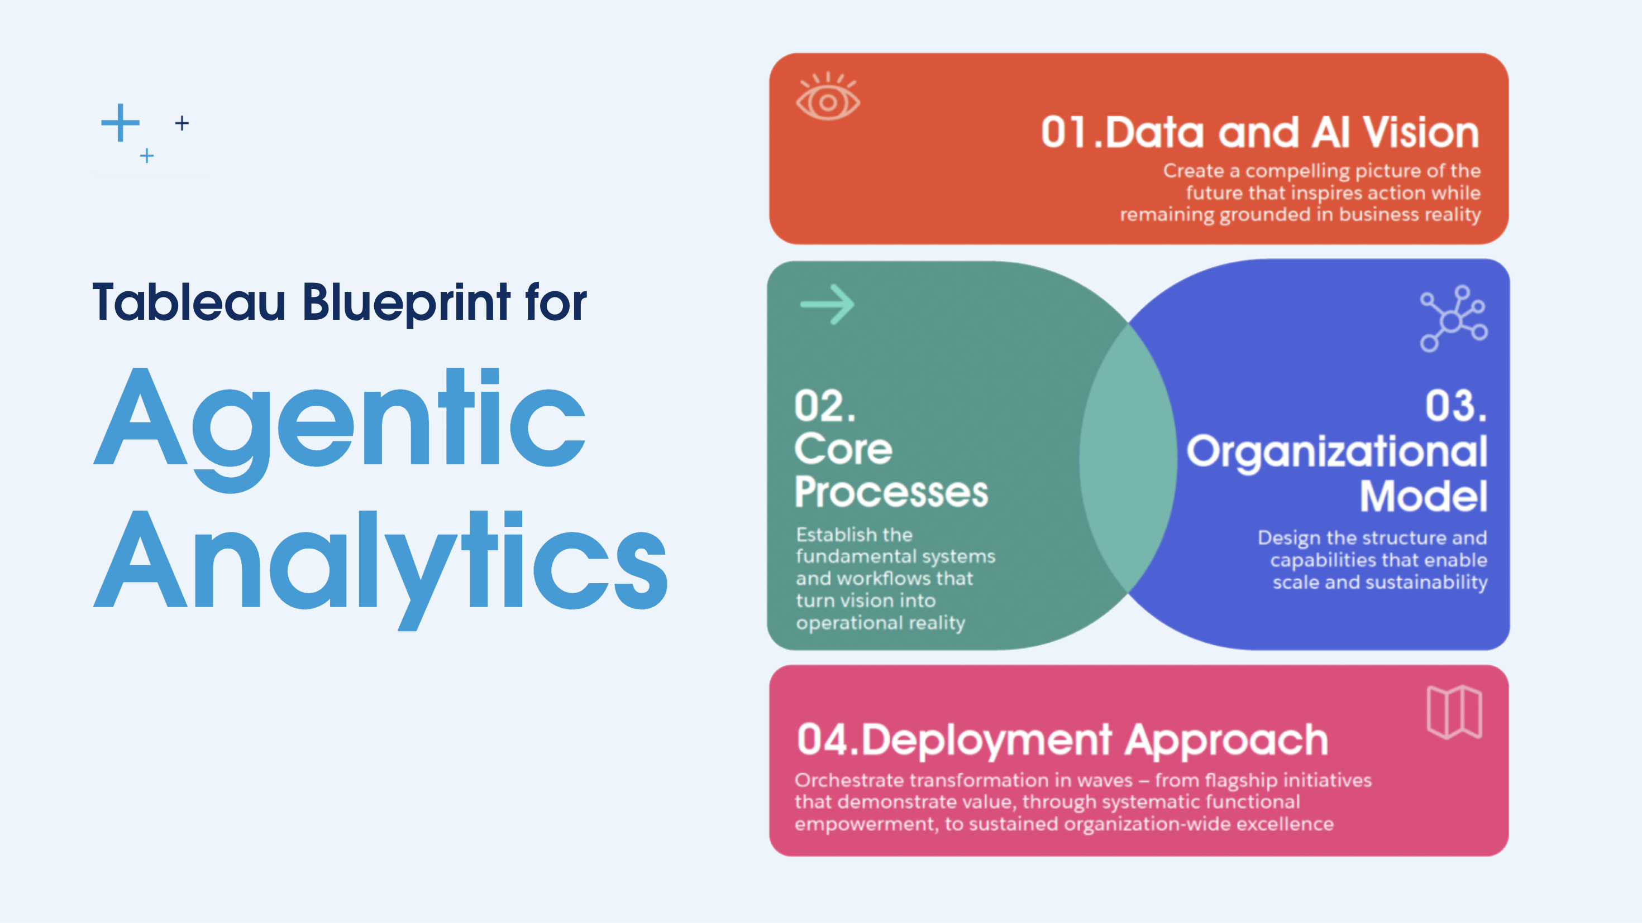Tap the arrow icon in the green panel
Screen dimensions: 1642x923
pos(827,305)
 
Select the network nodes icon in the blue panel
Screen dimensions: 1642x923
pos(1453,319)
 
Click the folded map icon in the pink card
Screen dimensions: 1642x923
pos(1454,712)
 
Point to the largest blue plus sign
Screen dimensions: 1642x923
pos(120,122)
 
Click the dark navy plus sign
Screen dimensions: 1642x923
pos(182,123)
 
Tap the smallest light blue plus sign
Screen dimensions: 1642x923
pos(146,156)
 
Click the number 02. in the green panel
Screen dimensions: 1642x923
pos(825,406)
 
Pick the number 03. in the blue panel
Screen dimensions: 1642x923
pos(1456,406)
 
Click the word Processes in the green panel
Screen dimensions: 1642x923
pos(891,492)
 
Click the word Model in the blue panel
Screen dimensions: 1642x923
pos(1424,496)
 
